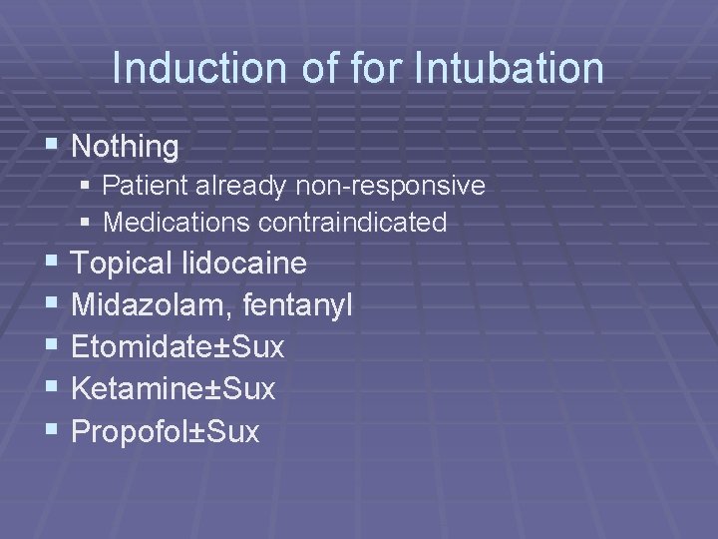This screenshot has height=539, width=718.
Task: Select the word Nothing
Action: tap(126, 148)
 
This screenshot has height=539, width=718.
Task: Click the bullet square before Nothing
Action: tap(53, 147)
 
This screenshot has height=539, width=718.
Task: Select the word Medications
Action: tap(177, 222)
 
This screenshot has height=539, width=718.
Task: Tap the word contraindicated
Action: tap(352, 222)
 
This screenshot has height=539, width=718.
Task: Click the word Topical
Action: tap(123, 265)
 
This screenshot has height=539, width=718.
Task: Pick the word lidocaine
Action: tap(244, 264)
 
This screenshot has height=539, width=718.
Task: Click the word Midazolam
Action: tap(152, 305)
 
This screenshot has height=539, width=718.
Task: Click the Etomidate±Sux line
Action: tap(179, 347)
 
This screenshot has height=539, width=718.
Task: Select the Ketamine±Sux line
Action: tap(174, 389)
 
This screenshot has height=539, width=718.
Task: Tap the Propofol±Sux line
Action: tap(166, 431)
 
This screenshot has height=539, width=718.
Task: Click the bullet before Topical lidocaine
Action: tap(53, 263)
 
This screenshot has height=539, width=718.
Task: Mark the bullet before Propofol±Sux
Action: tap(53, 430)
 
